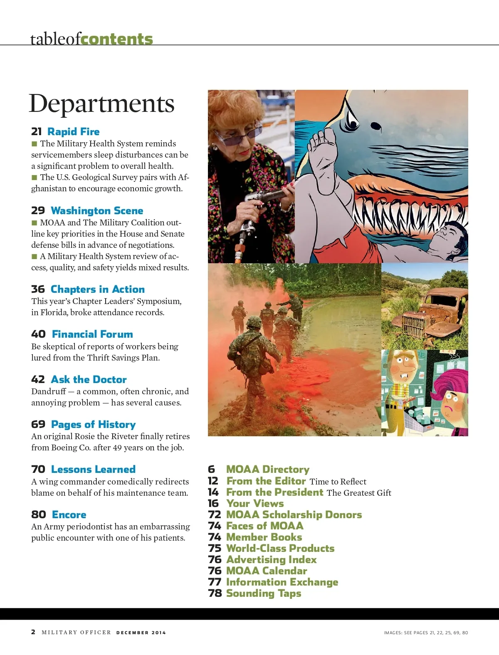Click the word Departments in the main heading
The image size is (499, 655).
(x=101, y=104)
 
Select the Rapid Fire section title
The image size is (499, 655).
(x=74, y=132)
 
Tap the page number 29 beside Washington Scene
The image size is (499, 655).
(x=38, y=210)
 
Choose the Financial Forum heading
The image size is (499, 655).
(x=92, y=334)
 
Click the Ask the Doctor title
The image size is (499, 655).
(x=89, y=379)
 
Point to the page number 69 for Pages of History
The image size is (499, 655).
(x=38, y=424)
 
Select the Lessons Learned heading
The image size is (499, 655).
(x=93, y=470)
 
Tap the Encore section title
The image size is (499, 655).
(x=69, y=514)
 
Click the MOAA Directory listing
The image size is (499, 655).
(x=268, y=470)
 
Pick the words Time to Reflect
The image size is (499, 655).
(x=338, y=482)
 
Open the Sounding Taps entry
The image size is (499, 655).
(x=264, y=593)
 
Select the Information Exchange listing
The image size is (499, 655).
(x=282, y=582)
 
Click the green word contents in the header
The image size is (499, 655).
(x=117, y=39)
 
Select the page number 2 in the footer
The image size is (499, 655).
(x=33, y=632)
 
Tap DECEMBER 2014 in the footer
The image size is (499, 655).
(x=141, y=633)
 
